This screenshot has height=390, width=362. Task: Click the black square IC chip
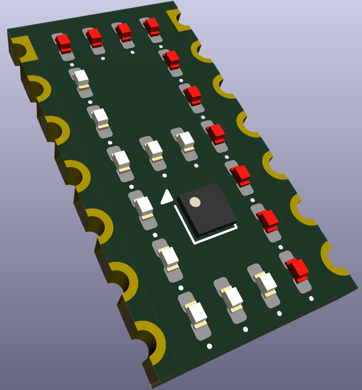tap(207, 210)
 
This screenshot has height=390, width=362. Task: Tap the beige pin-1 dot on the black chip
tap(195, 202)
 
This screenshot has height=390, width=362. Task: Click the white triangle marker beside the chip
tap(166, 197)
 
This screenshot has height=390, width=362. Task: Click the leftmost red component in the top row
tap(64, 43)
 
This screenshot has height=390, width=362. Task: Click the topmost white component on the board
tap(81, 78)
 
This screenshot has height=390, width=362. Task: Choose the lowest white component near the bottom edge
tap(196, 315)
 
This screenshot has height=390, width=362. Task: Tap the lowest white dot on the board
tap(209, 346)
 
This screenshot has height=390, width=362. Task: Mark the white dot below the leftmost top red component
tap(72, 65)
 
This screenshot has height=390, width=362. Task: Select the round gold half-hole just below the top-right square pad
tap(201, 52)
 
